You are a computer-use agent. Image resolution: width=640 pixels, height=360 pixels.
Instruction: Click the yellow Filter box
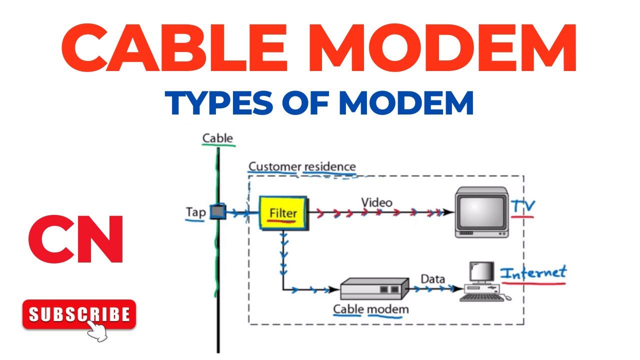283,212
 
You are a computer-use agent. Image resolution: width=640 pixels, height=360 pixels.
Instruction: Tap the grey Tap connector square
218,211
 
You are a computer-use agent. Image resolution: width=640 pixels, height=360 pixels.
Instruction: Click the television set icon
481,212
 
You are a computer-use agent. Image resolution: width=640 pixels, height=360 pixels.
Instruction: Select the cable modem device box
374,288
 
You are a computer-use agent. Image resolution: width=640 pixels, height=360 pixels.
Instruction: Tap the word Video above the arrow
376,202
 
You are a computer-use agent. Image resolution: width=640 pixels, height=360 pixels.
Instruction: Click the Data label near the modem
432,279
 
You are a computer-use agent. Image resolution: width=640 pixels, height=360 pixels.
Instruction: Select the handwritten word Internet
533,272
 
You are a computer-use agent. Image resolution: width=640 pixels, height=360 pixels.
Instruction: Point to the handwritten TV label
522,206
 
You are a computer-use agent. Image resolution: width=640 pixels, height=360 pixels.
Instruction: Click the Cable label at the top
217,138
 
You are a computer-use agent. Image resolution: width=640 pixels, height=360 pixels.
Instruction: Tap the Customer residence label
302,166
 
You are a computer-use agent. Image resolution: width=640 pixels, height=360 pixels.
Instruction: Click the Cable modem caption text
371,309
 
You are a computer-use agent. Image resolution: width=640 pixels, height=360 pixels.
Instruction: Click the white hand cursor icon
96,331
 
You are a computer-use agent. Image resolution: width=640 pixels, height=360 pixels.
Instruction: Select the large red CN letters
76,239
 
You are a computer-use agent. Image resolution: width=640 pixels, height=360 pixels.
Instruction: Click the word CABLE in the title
173,47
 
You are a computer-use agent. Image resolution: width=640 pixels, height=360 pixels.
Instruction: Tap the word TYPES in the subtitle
219,103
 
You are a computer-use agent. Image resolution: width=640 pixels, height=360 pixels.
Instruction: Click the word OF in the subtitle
305,103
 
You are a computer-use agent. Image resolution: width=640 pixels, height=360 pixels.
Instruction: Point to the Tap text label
195,212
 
